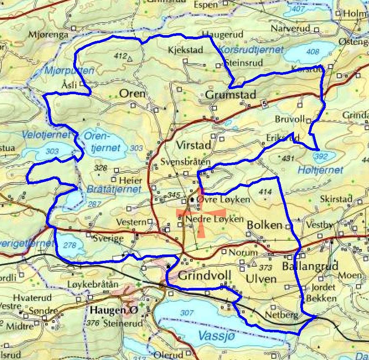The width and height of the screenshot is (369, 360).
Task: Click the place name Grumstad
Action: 230,95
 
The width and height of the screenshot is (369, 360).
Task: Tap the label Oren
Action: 132,93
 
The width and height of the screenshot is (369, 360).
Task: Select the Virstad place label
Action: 193,145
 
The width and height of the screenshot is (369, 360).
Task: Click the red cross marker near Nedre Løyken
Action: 193,216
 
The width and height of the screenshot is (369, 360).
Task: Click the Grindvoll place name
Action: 205,277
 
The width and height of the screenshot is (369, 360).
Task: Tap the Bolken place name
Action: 265,225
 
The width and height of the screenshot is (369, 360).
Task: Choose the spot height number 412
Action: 120,56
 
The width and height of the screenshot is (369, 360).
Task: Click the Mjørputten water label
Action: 69,71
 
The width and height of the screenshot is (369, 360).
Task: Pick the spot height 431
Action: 289,158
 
